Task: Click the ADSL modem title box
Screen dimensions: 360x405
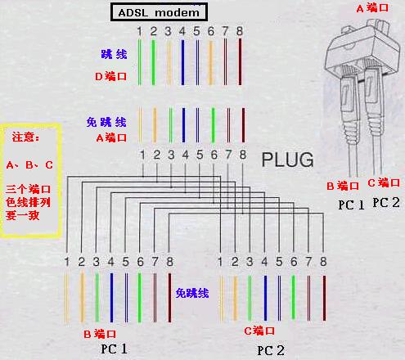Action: coord(159,11)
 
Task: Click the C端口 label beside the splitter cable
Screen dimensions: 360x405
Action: coord(383,182)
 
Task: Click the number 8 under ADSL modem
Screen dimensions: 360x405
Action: coord(240,32)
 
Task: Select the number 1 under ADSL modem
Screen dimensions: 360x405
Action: coord(140,32)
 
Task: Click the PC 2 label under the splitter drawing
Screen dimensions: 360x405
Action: coord(386,202)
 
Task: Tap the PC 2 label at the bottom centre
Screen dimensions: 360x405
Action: coord(271,350)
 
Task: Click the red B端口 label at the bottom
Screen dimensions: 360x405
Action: coord(100,334)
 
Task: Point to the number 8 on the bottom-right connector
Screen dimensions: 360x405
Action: coord(323,262)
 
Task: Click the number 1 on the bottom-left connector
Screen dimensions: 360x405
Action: coord(67,262)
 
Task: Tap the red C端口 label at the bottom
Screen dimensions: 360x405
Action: coord(259,331)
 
